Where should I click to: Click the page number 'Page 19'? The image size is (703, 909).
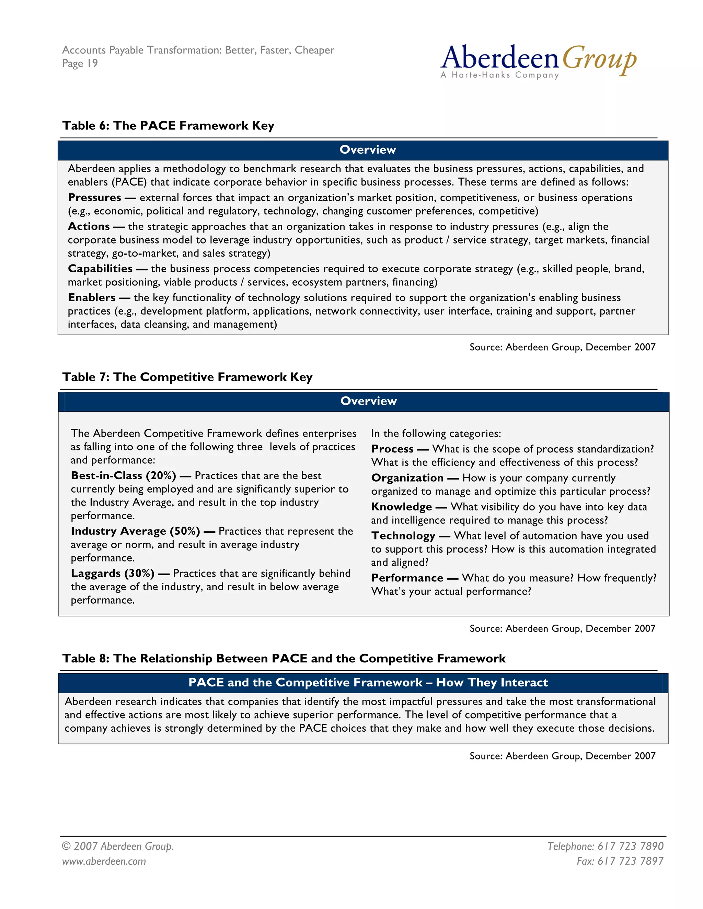point(80,63)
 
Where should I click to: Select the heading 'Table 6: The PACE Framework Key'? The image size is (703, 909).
point(168,125)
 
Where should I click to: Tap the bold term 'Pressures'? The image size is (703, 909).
point(94,197)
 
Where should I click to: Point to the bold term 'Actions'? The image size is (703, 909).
point(89,226)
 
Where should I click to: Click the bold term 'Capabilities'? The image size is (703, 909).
point(100,269)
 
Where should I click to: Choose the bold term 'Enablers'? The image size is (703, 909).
point(92,298)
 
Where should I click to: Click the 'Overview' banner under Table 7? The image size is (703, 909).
point(368,401)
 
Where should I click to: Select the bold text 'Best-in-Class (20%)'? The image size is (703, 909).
point(123,475)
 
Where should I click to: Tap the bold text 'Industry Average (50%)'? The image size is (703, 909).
point(135,531)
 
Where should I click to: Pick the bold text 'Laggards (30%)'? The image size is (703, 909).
point(113,573)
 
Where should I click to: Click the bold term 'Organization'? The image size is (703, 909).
point(407,478)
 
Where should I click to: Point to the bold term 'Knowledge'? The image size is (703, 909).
point(402,507)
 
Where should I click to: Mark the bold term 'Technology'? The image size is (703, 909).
point(403,536)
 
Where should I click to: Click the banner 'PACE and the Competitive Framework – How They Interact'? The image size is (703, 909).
point(368,683)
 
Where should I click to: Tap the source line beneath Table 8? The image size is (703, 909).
point(562,756)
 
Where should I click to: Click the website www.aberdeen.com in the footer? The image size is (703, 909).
point(104,861)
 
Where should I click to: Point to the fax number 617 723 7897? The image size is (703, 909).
point(620,861)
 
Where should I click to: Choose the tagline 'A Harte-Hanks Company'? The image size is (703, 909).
point(500,75)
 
